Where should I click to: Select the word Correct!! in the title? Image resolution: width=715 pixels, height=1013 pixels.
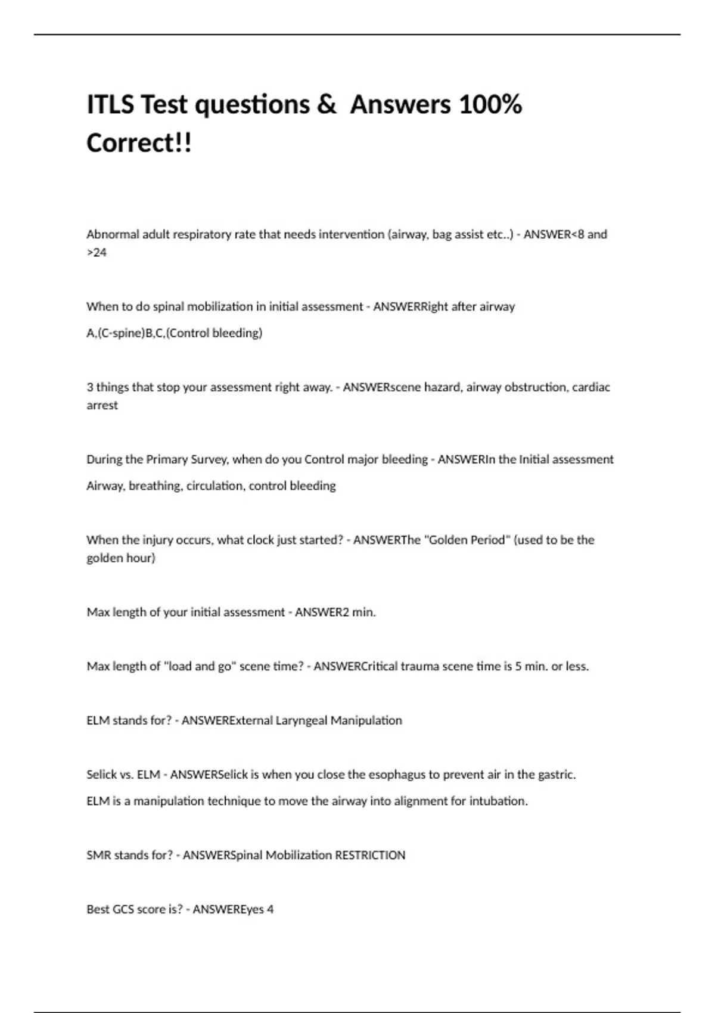click(139, 144)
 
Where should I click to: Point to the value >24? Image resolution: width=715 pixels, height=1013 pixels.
click(97, 253)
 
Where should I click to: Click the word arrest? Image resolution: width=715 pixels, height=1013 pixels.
click(102, 405)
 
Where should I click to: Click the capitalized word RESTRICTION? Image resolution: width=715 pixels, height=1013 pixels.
click(370, 855)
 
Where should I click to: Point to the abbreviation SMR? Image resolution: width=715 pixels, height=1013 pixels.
click(98, 855)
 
